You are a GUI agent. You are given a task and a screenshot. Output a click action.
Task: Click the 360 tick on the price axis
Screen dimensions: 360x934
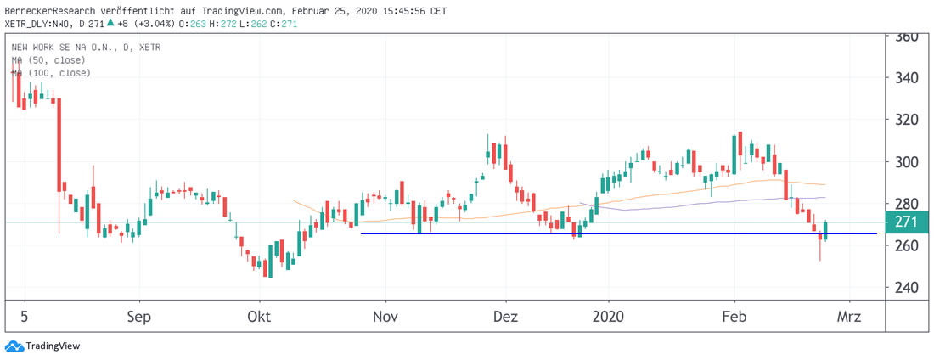[907, 37]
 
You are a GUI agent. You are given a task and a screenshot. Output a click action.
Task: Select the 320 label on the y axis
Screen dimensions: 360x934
[907, 121]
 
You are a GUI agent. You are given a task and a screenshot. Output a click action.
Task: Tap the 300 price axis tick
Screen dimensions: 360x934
[907, 162]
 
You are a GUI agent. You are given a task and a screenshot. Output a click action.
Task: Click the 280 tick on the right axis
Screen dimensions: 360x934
[907, 204]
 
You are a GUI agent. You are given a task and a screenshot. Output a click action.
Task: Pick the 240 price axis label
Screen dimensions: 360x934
[907, 287]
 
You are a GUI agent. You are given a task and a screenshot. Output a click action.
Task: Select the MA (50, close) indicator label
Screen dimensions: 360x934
[51, 61]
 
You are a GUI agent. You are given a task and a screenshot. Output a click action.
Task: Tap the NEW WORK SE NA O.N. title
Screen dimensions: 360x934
[66, 48]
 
